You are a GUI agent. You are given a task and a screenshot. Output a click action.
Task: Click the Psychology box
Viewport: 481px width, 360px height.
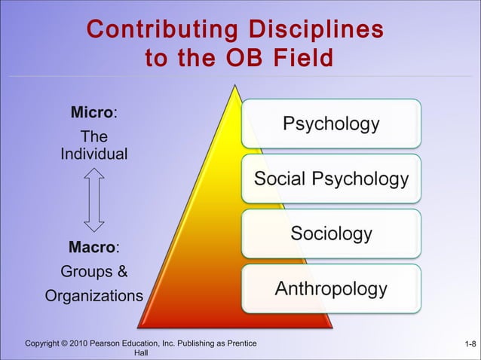tap(331, 124)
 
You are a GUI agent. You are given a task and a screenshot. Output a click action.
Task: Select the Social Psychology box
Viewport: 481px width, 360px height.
tap(331, 179)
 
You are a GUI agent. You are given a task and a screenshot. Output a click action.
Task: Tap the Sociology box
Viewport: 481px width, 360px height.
tap(331, 233)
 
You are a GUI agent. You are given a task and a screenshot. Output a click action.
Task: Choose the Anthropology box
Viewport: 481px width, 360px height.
tap(331, 288)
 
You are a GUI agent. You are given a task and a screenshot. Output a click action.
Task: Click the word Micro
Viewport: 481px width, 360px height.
tap(91, 114)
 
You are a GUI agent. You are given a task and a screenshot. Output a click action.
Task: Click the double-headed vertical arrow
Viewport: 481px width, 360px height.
tap(93, 200)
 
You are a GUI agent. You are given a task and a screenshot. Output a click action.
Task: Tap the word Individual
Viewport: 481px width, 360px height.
tap(93, 155)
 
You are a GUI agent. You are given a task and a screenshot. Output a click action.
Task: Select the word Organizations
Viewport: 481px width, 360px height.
tap(93, 296)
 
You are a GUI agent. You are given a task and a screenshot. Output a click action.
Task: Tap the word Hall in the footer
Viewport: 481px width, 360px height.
tap(141, 353)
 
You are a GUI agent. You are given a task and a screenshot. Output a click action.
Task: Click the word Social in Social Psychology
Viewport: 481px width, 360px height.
tap(280, 179)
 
